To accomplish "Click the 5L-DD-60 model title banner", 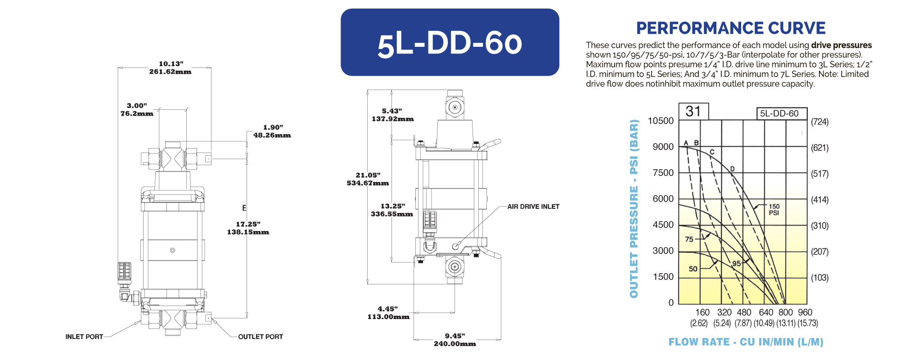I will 450,42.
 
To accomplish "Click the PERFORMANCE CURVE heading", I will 730,28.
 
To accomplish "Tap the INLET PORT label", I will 84,337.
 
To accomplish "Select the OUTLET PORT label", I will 261,337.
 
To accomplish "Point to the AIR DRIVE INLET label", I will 533,207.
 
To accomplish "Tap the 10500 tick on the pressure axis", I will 661,121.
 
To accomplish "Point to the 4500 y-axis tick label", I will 663,225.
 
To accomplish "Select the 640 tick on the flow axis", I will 766,312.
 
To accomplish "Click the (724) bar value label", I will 819,121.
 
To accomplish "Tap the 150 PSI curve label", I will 774,210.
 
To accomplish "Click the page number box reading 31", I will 693,111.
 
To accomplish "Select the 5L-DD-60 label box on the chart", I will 781,113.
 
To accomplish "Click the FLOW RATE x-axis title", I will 746,342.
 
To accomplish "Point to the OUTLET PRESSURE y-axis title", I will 634,208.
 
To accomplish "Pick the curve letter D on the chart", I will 732,169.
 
